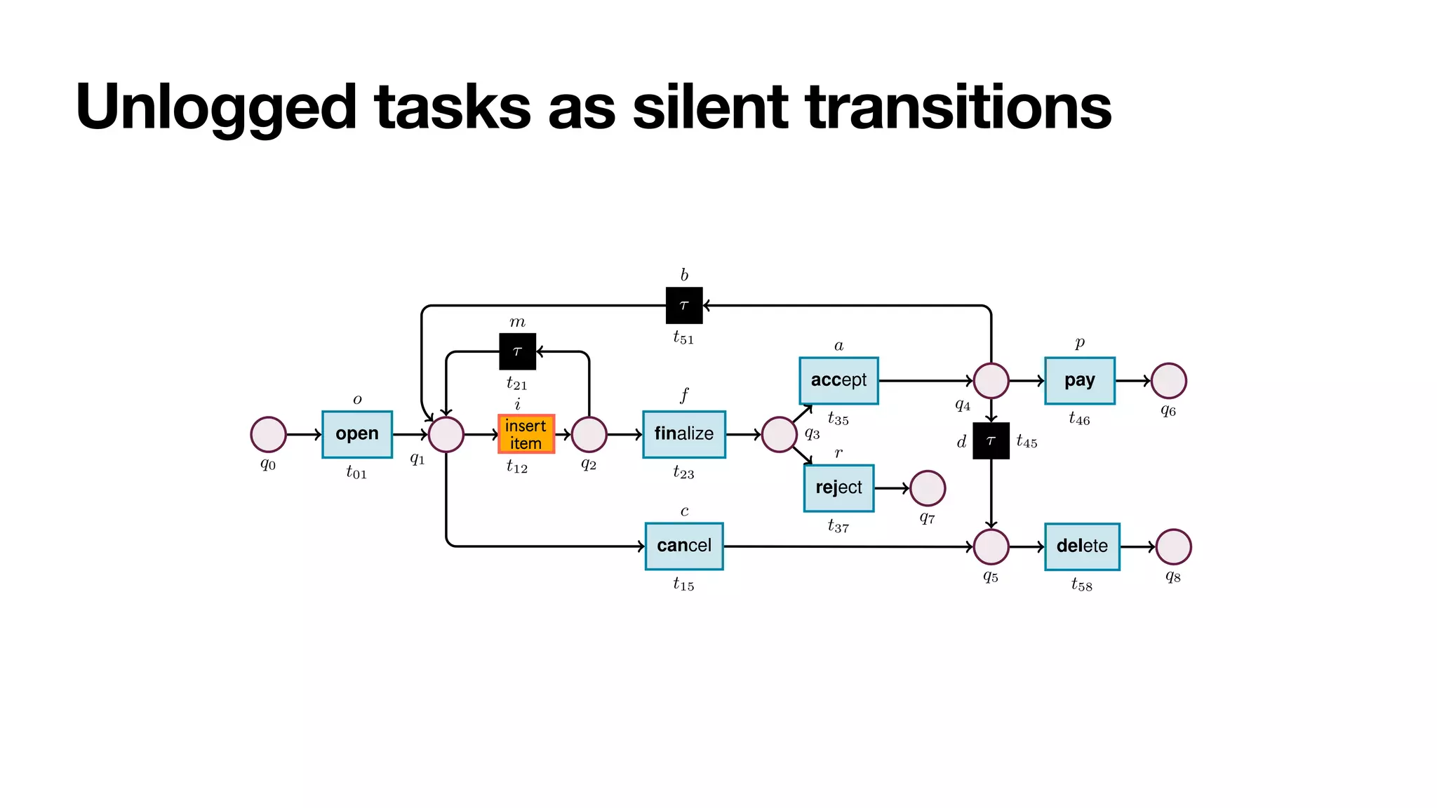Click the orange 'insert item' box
click(x=526, y=434)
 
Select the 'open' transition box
click(x=357, y=434)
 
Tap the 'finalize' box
click(x=684, y=434)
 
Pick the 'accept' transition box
click(x=838, y=380)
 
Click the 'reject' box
click(x=838, y=487)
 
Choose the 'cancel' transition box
click(x=684, y=546)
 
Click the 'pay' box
click(x=1079, y=380)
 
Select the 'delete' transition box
click(x=1081, y=546)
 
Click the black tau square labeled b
click(x=684, y=305)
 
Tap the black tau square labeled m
click(x=518, y=351)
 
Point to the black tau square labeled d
click(x=991, y=440)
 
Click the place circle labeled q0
click(x=268, y=434)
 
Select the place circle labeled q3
click(x=779, y=434)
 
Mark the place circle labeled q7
click(x=928, y=488)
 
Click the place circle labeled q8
click(x=1173, y=546)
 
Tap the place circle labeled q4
click(x=991, y=381)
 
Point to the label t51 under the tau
click(x=683, y=338)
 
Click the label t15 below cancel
click(x=683, y=584)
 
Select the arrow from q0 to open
click(x=304, y=434)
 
